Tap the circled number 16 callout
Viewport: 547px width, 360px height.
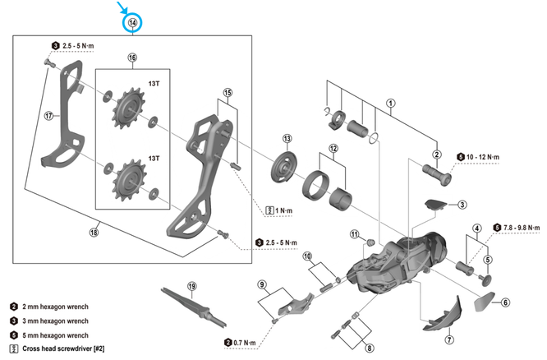[131, 58]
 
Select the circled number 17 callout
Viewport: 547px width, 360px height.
[48, 116]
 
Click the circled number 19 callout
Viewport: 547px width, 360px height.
[192, 287]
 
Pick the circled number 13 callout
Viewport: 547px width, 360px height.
[287, 138]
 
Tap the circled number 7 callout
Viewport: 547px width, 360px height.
[449, 339]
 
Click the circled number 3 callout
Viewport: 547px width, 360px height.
[462, 205]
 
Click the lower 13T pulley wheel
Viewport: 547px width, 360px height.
[128, 177]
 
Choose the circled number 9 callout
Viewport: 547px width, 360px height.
[263, 285]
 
